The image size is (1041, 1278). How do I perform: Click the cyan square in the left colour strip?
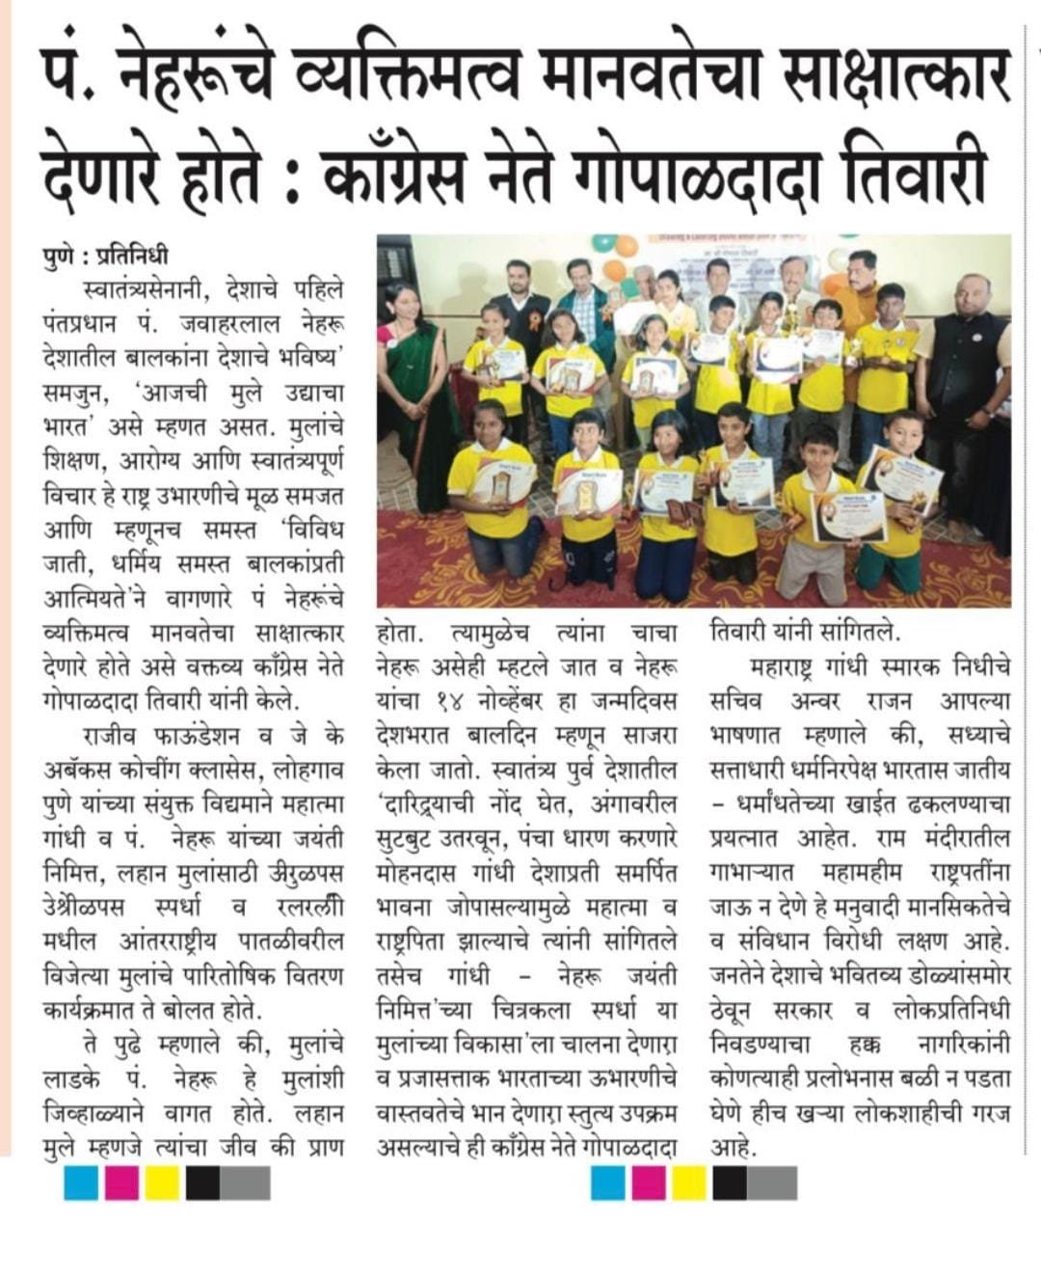82,1183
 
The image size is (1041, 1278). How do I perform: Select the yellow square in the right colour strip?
689,1183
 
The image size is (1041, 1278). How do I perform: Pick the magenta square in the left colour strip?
122,1183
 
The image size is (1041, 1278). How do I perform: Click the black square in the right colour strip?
730,1183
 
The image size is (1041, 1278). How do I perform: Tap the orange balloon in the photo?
613,269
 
